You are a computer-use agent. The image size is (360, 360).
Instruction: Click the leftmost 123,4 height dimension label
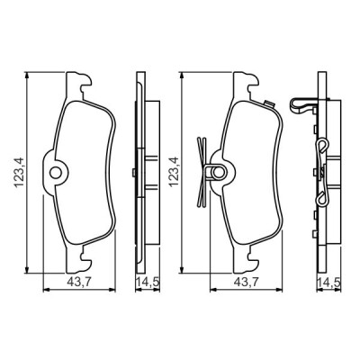click(20, 173)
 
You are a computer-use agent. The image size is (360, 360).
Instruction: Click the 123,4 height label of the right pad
click(174, 173)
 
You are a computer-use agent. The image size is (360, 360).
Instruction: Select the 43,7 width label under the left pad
click(79, 282)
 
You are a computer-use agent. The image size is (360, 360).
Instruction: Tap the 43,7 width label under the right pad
click(246, 282)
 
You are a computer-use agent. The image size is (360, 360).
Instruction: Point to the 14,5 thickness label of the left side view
click(148, 282)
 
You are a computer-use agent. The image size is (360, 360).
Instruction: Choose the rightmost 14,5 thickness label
click(329, 282)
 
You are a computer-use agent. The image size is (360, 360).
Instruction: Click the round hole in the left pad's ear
click(56, 173)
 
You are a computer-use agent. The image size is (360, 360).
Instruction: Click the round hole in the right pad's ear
click(218, 173)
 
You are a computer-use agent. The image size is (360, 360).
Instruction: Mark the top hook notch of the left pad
click(85, 85)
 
